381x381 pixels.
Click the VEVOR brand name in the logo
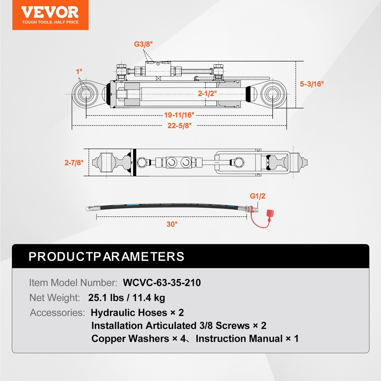click(x=50, y=12)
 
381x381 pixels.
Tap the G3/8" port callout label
click(x=143, y=44)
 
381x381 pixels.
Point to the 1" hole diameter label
click(x=79, y=71)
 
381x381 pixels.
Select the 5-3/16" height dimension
click(x=312, y=84)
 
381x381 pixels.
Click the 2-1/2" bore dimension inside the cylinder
click(x=207, y=93)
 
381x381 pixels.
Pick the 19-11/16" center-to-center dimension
click(x=179, y=115)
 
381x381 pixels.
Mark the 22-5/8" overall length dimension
click(x=179, y=126)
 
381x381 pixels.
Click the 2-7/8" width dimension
click(x=74, y=163)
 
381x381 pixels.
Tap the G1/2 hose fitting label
click(x=257, y=196)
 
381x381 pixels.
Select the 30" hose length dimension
click(x=172, y=224)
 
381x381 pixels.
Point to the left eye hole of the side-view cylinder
click(x=86, y=94)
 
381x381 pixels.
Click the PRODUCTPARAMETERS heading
click(x=106, y=257)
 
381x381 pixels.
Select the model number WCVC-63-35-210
click(x=162, y=283)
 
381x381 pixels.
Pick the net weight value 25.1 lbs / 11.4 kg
click(x=127, y=298)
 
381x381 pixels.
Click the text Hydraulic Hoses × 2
click(x=137, y=313)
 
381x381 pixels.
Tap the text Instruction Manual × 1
click(x=247, y=339)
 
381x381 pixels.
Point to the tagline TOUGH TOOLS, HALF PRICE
click(x=50, y=22)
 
